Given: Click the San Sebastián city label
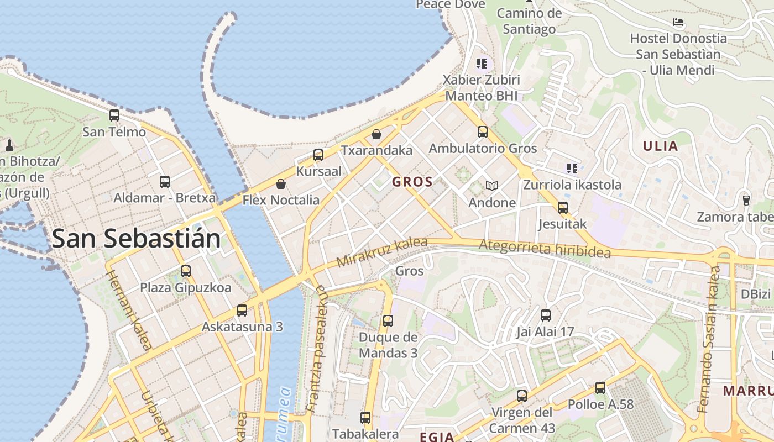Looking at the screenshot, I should [136, 239].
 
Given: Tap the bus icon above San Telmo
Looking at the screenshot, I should [114, 115].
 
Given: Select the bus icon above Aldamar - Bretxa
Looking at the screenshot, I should [164, 181].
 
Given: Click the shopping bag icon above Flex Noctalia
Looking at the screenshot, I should [281, 184].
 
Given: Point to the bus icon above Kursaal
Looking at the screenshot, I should [318, 155].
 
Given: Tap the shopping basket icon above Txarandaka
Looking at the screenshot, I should [376, 134].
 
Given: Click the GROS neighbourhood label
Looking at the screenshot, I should [412, 182].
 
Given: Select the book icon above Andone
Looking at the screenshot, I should [491, 186].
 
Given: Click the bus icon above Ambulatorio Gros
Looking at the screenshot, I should [483, 132].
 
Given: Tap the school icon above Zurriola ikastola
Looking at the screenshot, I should [572, 168].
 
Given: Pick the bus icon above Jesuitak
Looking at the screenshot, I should [563, 208].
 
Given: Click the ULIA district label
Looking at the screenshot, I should [660, 146].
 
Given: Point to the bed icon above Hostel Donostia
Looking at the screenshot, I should [678, 23].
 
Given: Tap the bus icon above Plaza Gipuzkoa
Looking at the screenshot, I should [186, 271].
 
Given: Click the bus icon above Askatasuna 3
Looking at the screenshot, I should [242, 311].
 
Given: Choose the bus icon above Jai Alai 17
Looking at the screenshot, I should [546, 315].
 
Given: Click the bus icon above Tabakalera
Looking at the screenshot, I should [365, 418].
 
